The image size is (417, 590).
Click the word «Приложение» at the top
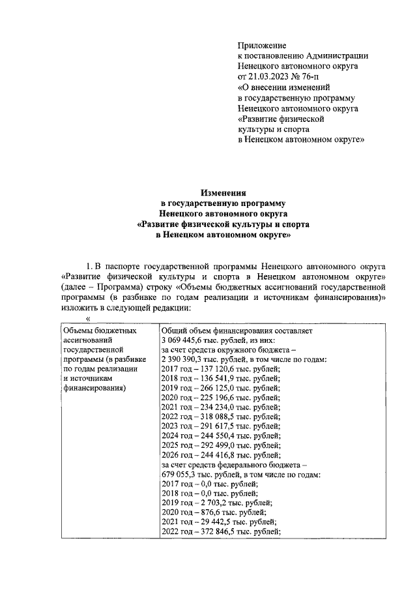tap(262, 45)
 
